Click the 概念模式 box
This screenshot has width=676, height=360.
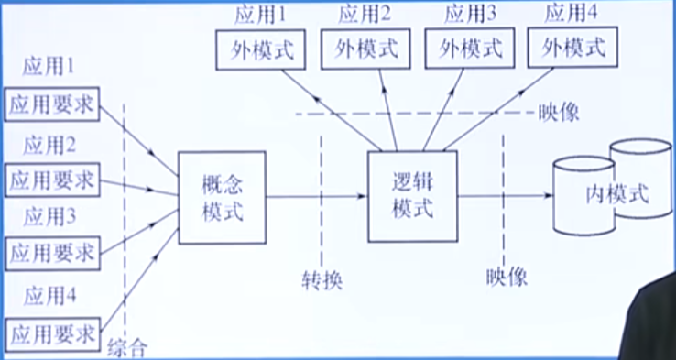pos(223,197)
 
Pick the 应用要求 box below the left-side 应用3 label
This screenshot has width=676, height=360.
pos(51,249)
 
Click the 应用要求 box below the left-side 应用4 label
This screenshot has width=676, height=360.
pos(51,329)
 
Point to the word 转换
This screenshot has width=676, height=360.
pos(322,279)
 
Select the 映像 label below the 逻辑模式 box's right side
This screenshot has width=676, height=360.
pos(507,277)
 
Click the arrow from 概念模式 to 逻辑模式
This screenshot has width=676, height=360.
pos(316,196)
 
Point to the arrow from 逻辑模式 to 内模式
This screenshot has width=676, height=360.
pos(504,196)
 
